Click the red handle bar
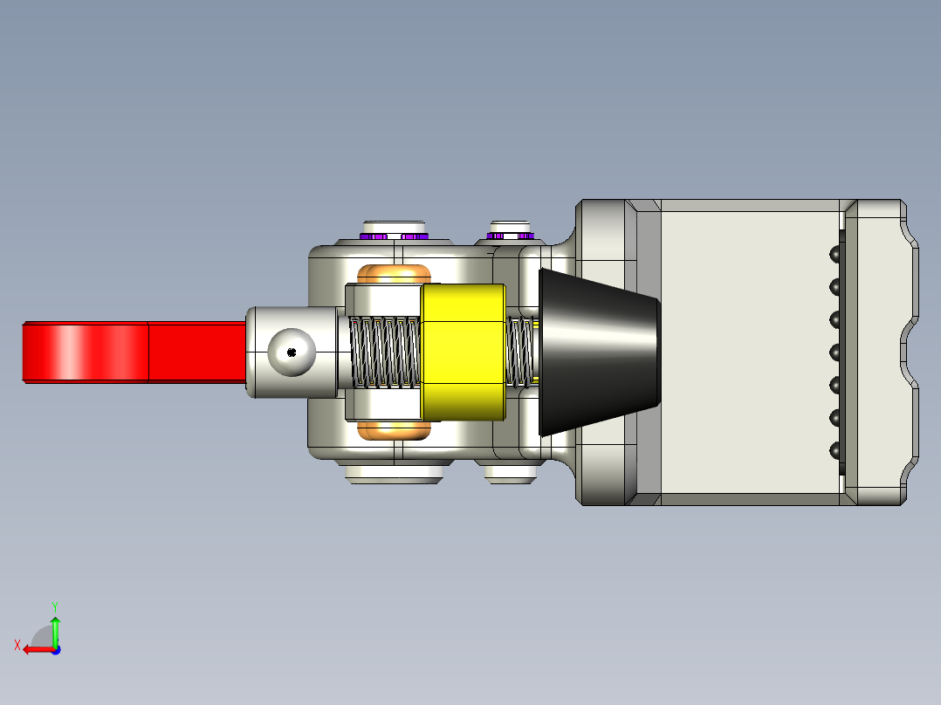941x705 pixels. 134,352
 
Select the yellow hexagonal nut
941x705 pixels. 464,352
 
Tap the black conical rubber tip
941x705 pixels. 600,352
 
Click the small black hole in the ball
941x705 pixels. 292,352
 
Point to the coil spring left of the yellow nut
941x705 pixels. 385,352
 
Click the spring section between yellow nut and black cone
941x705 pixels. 520,352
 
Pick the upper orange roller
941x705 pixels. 394,274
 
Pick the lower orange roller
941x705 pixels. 394,430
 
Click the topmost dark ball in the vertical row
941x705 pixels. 835,255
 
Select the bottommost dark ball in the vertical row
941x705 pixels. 835,449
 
